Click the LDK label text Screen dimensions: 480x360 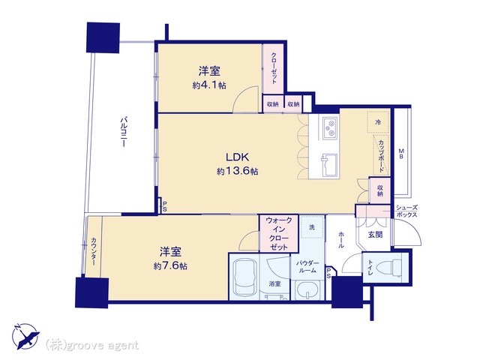[x=237, y=157]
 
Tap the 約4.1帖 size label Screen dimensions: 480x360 [x=209, y=85]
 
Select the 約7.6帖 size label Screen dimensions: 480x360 [x=170, y=265]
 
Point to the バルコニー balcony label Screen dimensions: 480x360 [x=123, y=131]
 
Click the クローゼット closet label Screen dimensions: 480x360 [x=274, y=68]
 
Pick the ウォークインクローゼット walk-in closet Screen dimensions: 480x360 [x=278, y=233]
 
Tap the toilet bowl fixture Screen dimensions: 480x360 [x=391, y=267]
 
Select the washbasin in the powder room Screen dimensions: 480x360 [x=307, y=290]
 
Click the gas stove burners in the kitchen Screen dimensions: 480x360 [x=330, y=128]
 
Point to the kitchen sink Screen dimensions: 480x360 [x=329, y=165]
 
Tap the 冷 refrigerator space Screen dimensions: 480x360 [x=378, y=122]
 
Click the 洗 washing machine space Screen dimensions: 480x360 [x=312, y=227]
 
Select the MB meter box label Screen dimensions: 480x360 [x=401, y=153]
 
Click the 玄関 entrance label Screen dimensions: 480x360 [x=375, y=235]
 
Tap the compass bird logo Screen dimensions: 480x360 [x=25, y=336]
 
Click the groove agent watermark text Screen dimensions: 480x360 [x=91, y=345]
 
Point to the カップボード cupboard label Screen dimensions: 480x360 [x=381, y=156]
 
